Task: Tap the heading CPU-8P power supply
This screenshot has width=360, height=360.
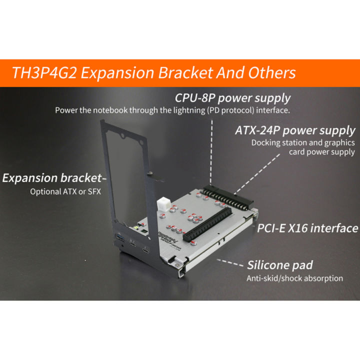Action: [232, 97]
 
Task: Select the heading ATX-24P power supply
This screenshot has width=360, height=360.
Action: [295, 131]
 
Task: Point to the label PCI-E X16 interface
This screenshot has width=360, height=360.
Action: [307, 228]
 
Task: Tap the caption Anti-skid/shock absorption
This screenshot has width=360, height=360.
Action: [294, 278]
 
